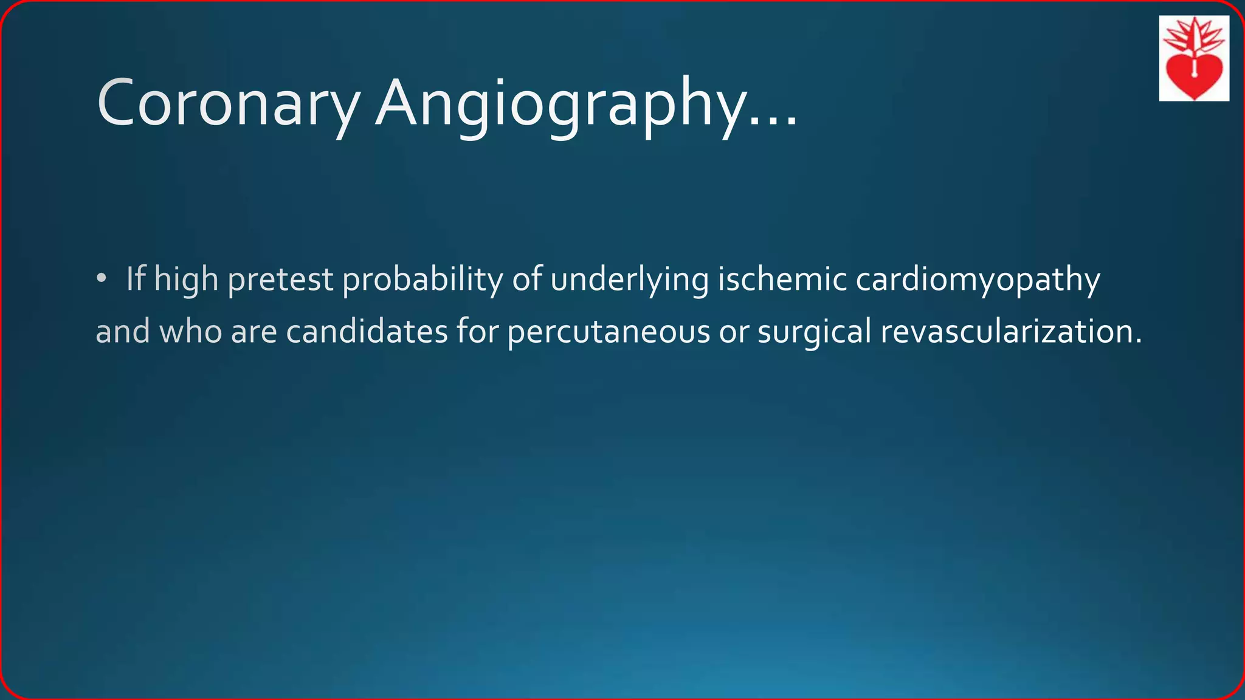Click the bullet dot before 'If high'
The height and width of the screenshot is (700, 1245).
tap(101, 279)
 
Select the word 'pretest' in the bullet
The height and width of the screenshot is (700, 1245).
tap(280, 280)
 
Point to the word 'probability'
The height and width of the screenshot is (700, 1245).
tap(422, 280)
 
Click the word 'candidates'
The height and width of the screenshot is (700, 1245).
tap(367, 332)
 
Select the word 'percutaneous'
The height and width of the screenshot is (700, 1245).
tap(609, 332)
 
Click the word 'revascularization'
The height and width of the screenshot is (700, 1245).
tap(1010, 332)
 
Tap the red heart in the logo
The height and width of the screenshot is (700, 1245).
tap(1194, 76)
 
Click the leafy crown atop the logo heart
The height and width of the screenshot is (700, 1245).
tap(1194, 35)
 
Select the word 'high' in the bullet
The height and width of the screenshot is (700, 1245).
tap(186, 280)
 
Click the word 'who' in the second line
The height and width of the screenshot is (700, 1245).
tap(190, 332)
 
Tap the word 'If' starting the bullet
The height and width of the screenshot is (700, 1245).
tap(136, 280)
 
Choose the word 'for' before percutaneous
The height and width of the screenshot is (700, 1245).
tap(477, 332)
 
